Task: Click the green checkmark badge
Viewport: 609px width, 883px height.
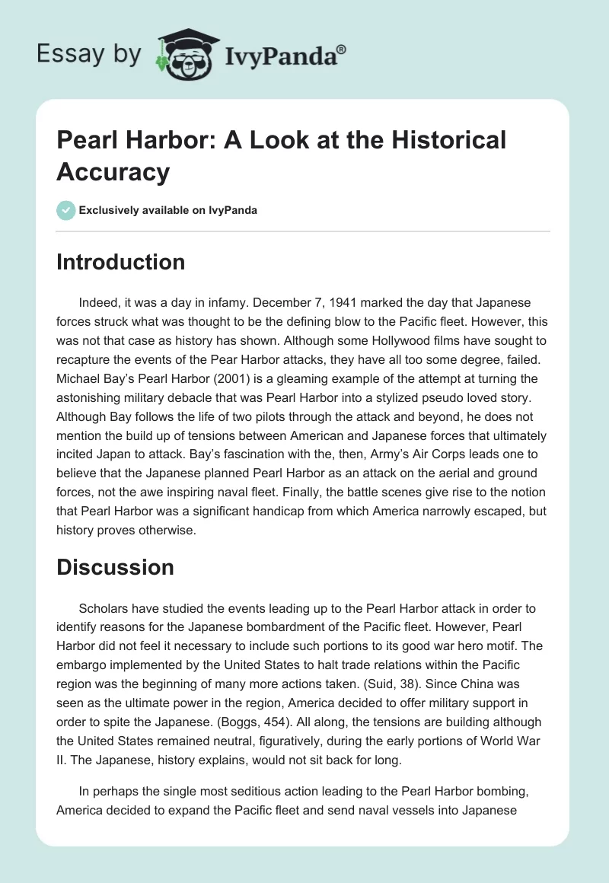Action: coord(66,210)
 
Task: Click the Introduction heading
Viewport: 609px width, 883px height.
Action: coord(120,262)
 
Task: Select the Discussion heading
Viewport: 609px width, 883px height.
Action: coord(115,567)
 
